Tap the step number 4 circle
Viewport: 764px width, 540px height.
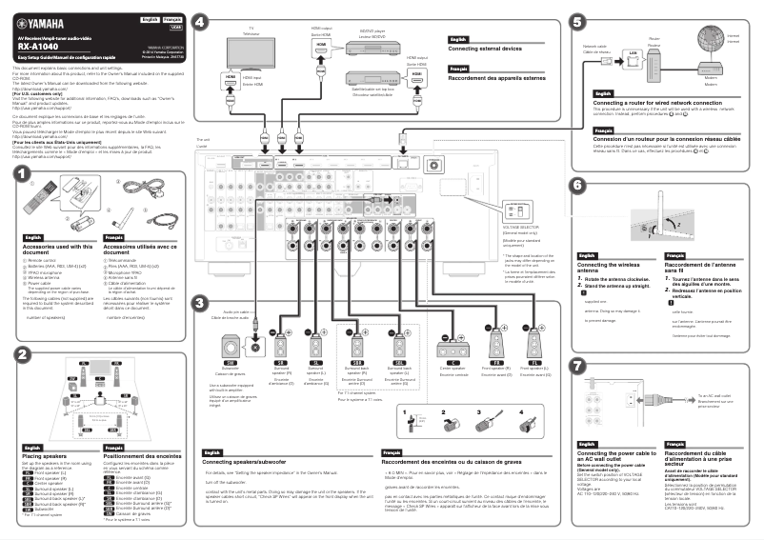(x=198, y=21)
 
